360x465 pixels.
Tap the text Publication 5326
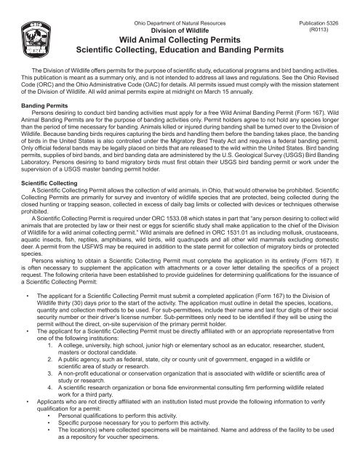point(318,23)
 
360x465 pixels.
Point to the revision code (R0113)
point(318,31)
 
